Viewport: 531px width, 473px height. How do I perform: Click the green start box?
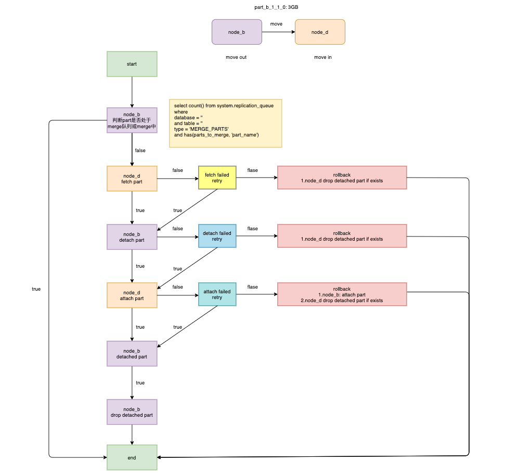pos(132,64)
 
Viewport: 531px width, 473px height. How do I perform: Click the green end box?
pos(132,457)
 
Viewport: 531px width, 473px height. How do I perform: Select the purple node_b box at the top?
pos(237,32)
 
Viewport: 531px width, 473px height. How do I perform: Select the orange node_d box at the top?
pos(320,32)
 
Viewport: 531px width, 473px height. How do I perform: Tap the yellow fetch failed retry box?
pos(217,178)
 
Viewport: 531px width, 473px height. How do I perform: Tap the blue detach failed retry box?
pos(217,236)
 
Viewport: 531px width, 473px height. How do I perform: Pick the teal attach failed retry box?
pos(217,295)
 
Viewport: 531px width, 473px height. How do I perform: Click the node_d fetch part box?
pos(132,179)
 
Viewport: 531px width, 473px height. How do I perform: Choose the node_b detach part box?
pos(132,237)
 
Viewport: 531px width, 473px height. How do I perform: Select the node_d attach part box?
pos(132,295)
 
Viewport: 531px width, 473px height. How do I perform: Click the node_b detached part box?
pos(132,354)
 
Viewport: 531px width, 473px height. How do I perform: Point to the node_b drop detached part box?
pos(132,412)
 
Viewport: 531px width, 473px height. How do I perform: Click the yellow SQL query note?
pos(225,123)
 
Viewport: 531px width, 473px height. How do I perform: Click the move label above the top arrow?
pos(276,24)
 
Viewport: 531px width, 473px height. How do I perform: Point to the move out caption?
pos(236,57)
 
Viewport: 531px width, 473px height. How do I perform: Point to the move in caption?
pos(322,57)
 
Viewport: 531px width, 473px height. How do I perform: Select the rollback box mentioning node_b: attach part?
pos(342,295)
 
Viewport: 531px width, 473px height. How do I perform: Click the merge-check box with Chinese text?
pos(132,120)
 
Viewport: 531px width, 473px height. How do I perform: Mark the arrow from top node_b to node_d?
pos(278,32)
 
